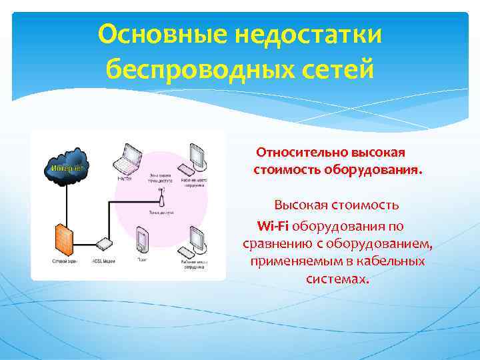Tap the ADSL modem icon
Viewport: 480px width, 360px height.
pyautogui.click(x=103, y=245)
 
